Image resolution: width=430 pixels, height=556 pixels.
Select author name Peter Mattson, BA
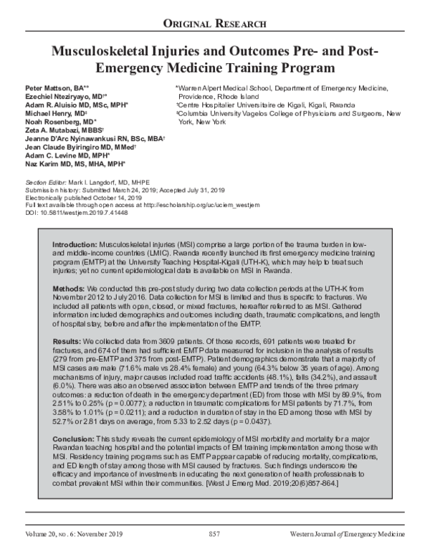45,87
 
